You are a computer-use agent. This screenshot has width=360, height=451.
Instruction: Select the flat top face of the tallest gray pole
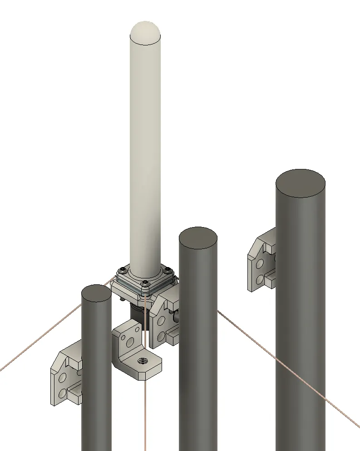click(x=300, y=183)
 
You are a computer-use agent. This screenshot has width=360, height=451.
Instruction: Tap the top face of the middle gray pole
click(x=198, y=237)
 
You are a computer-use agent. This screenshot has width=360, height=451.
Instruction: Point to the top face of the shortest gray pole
click(x=97, y=293)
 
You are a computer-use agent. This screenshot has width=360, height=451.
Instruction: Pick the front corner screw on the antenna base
click(x=145, y=285)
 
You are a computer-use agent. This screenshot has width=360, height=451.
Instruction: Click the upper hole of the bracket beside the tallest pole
click(x=261, y=263)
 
